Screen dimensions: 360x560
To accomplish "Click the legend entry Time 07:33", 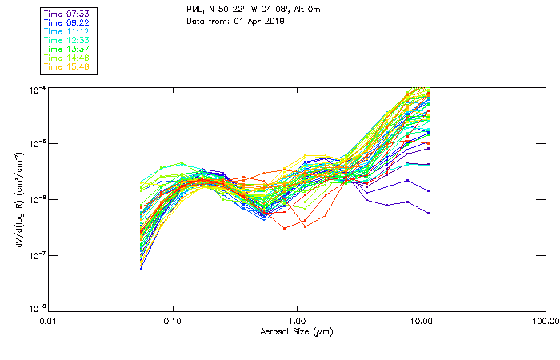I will coord(67,13).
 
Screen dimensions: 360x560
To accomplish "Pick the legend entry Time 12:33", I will coord(67,40).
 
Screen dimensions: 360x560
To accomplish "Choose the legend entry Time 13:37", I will coord(67,49).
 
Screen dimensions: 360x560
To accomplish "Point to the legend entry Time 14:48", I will coord(67,58).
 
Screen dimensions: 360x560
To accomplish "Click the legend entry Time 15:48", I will coord(67,66).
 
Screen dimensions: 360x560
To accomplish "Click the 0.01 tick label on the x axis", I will coord(49,320).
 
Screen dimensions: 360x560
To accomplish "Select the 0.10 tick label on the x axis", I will coord(173,320).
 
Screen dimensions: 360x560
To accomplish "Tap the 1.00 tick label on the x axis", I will coord(297,320).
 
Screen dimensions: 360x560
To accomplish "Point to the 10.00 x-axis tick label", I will coord(421,320).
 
